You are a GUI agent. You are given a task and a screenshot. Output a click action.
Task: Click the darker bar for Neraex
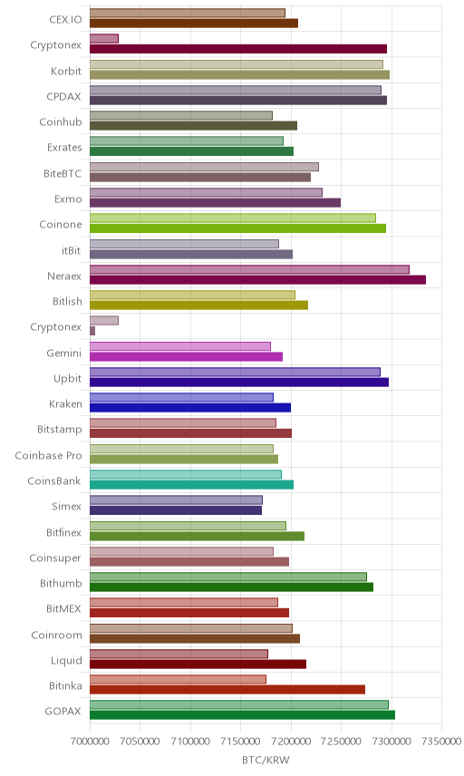point(257,280)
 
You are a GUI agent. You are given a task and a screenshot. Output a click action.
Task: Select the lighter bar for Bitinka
point(179,680)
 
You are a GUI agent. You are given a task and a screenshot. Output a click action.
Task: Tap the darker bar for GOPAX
point(242,715)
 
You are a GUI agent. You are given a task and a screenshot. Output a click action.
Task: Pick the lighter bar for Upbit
point(235,373)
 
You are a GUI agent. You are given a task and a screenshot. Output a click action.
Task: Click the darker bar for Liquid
point(198,664)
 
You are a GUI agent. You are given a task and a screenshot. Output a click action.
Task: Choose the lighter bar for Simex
point(176,500)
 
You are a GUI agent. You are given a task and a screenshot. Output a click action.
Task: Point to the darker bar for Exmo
point(215,203)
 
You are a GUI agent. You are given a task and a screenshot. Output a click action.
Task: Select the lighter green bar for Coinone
point(233,218)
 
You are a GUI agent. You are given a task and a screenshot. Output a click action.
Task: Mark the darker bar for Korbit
point(240,74)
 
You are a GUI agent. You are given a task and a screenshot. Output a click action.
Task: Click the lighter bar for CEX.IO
point(188,14)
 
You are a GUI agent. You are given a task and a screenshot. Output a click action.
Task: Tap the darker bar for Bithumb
point(231,587)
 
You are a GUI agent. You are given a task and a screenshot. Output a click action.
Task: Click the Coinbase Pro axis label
point(48,456)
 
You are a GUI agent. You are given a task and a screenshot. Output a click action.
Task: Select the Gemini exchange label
point(63,354)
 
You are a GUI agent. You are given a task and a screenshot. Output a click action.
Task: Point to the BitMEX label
point(63,608)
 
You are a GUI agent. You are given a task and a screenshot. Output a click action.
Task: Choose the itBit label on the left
point(72,251)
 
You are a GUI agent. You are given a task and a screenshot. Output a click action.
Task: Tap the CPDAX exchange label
point(63,97)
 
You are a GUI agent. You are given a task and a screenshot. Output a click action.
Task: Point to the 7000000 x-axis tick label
point(90,742)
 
